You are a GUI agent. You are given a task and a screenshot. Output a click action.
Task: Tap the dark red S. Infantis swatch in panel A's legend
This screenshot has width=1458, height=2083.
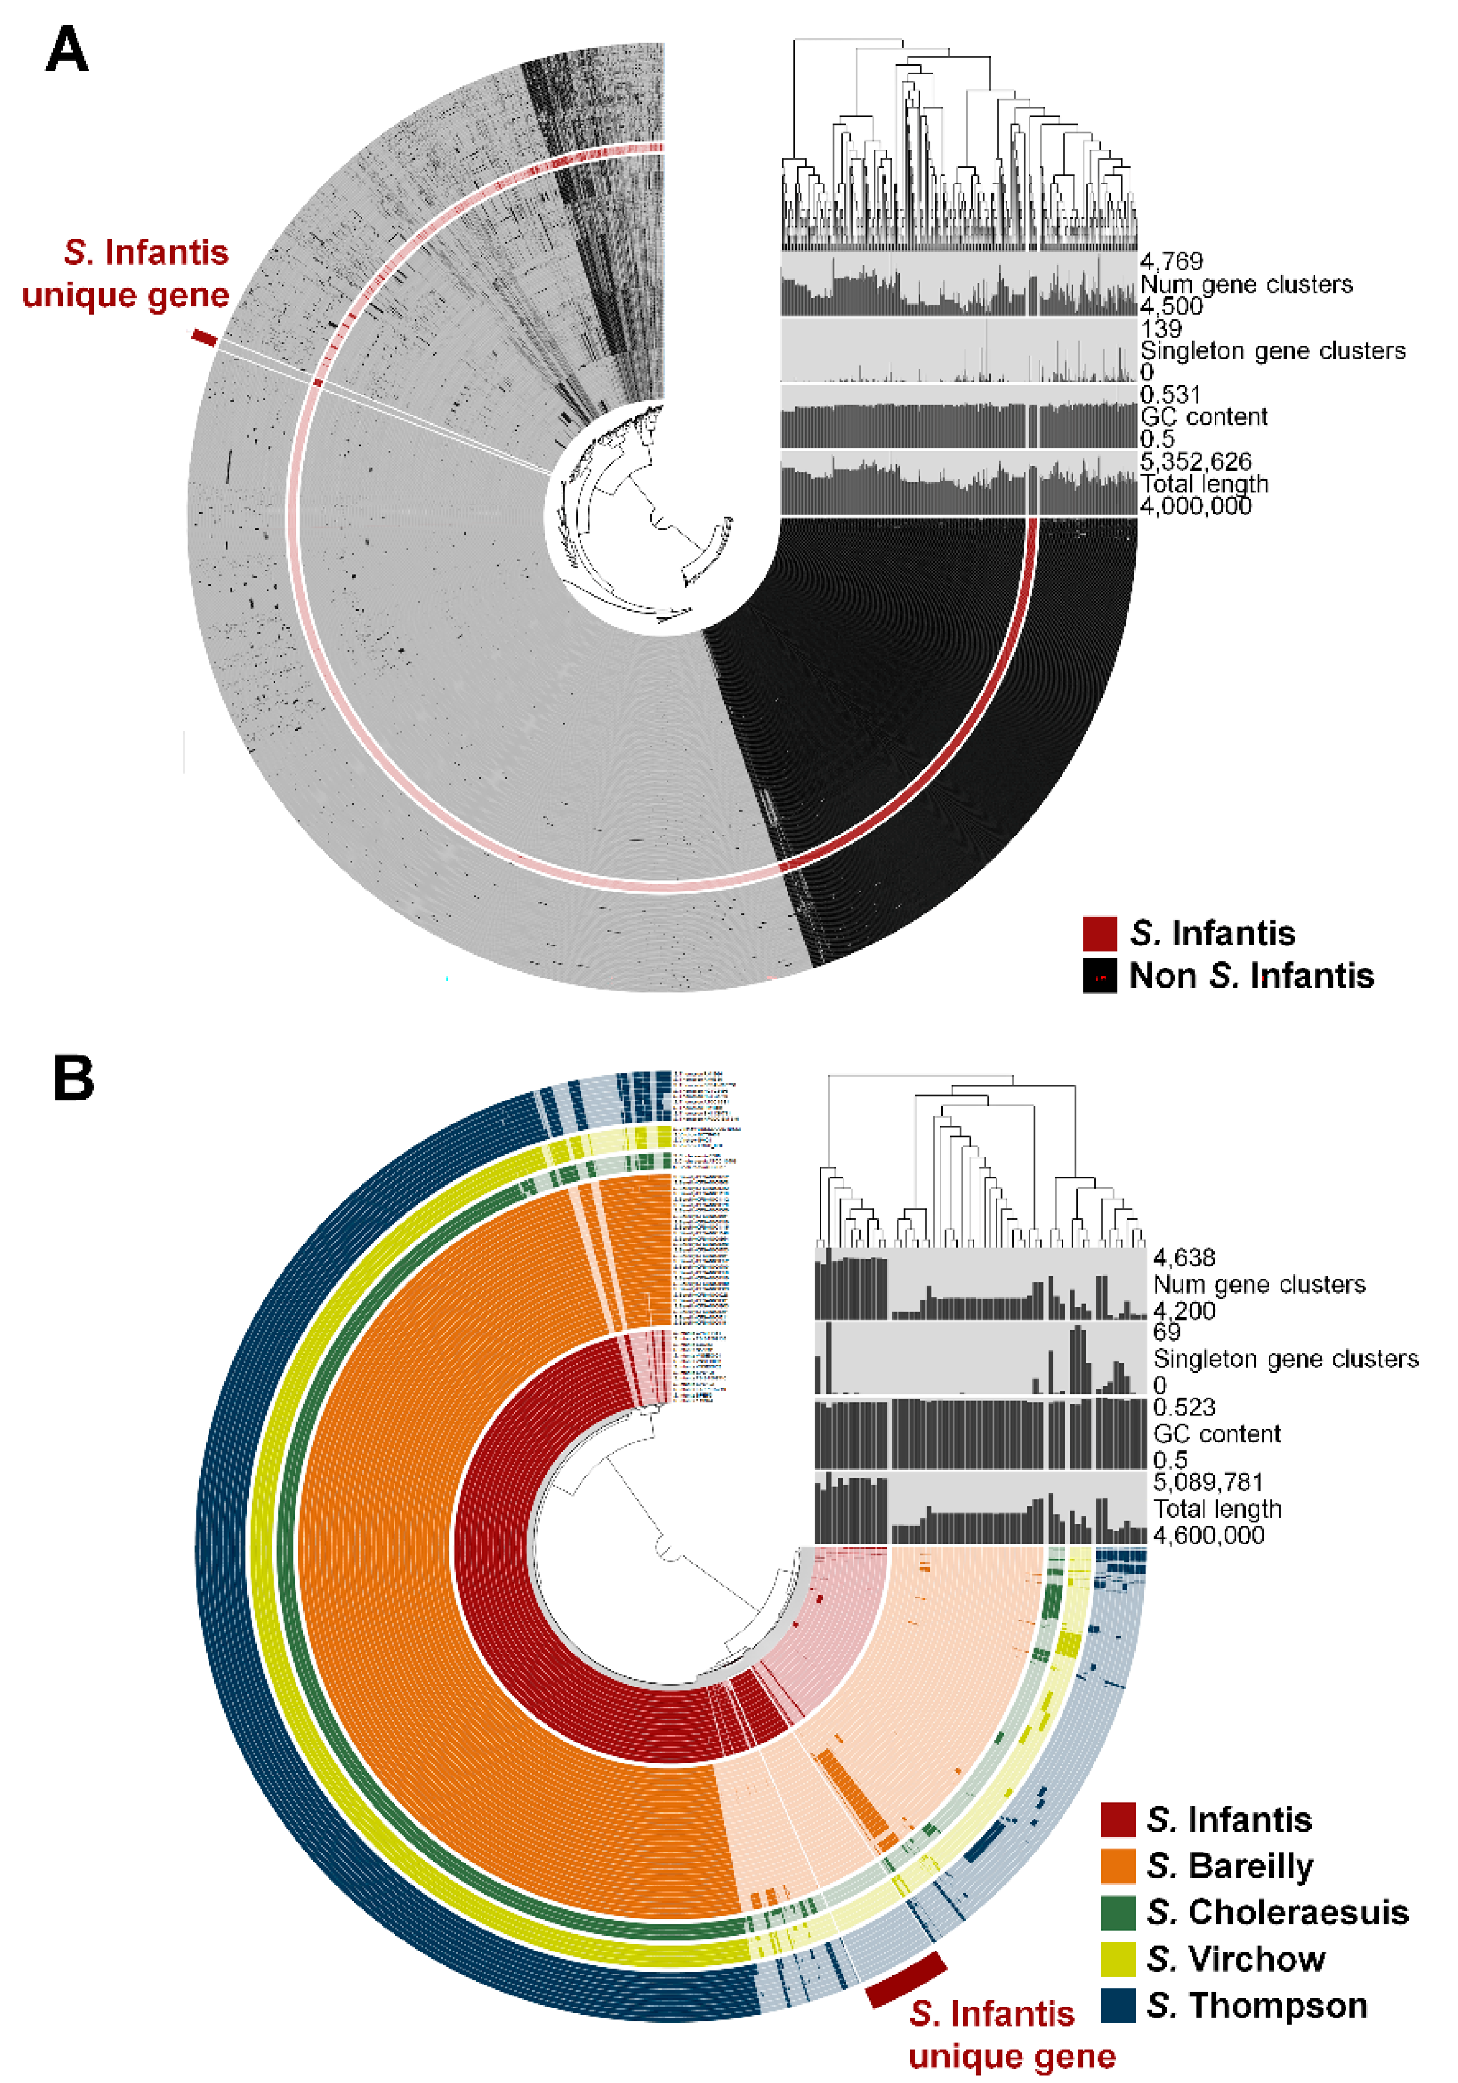click(x=1099, y=932)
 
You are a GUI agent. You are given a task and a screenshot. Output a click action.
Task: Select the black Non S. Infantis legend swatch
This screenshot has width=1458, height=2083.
click(x=1099, y=975)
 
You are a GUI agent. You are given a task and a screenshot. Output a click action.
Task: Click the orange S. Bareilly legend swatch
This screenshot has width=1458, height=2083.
click(x=1118, y=1866)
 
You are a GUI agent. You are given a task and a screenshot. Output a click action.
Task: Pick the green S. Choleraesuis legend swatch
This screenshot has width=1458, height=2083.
click(x=1118, y=1913)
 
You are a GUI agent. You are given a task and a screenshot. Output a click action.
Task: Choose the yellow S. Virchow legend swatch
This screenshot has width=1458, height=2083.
click(x=1118, y=1959)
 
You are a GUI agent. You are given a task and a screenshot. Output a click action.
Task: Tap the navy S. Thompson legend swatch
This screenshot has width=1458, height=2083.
click(x=1118, y=2005)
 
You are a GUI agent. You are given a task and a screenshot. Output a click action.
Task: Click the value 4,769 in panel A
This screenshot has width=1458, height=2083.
click(x=1171, y=262)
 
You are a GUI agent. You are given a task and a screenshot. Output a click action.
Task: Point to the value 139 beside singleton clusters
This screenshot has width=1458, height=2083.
click(x=1161, y=328)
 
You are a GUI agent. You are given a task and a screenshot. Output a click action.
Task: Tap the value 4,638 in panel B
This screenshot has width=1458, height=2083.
click(x=1183, y=1257)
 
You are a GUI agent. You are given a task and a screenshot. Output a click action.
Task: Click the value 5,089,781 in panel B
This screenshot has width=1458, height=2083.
click(x=1207, y=1483)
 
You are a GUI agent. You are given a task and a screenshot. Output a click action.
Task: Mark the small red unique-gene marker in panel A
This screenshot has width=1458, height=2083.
click(x=204, y=338)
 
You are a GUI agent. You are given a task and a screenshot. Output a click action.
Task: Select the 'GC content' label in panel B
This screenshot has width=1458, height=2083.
click(x=1215, y=1434)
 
